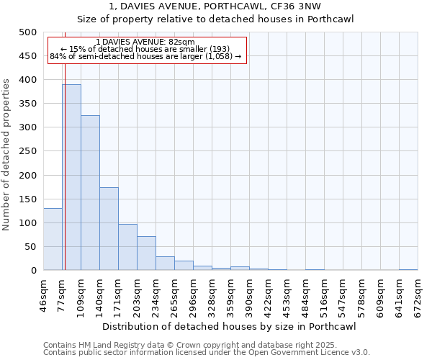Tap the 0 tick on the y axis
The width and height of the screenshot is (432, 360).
pyautogui.click(x=33, y=271)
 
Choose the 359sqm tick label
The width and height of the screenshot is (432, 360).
pyautogui.click(x=231, y=294)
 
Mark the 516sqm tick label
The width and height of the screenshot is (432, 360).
pyautogui.click(x=325, y=294)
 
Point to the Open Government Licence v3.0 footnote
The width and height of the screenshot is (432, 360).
pyautogui.click(x=207, y=353)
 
